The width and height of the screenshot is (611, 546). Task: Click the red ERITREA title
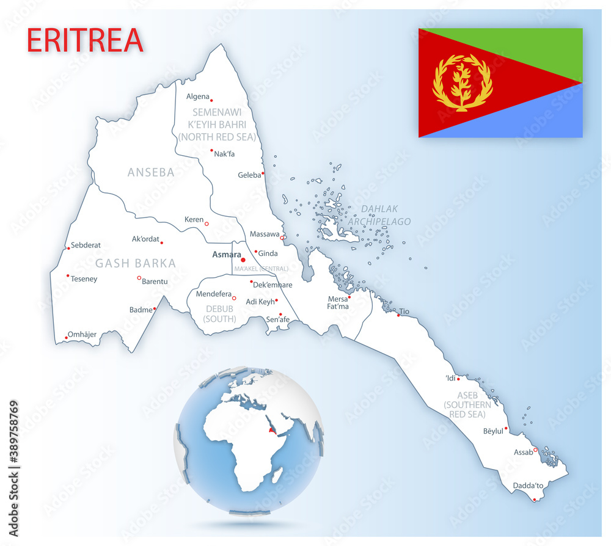85,40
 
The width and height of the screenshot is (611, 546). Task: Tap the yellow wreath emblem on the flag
463,82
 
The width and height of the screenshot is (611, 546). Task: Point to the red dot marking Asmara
243,260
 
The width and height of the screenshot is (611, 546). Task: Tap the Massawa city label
265,234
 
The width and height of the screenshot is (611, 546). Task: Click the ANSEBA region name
151,172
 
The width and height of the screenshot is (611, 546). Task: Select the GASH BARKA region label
135,264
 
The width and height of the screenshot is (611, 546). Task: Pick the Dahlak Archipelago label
379,216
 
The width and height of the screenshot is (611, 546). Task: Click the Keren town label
194,220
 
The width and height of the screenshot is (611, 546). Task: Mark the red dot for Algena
211,100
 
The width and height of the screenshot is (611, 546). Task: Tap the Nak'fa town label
224,155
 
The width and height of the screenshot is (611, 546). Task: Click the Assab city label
523,453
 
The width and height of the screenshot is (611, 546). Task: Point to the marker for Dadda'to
535,500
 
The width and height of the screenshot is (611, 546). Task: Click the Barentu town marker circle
139,278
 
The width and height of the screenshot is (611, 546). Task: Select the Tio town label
404,311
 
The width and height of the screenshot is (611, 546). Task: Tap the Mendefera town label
214,294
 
